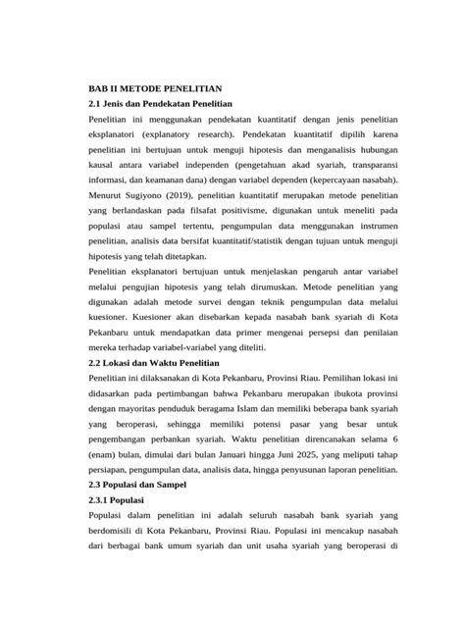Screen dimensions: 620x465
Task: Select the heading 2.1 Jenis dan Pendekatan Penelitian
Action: point(160,102)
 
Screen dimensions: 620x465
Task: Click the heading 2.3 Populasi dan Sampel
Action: point(145,485)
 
